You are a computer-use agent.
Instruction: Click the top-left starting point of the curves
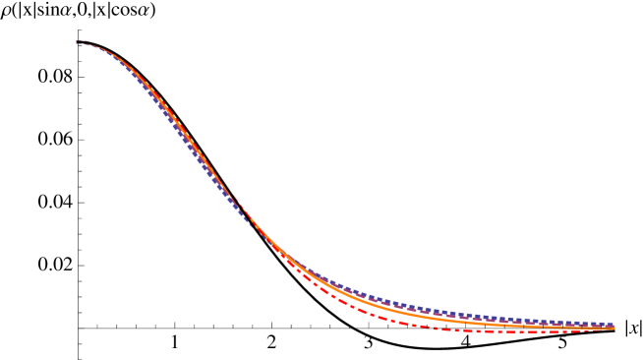[78, 42]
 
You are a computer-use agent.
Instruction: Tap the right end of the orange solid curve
[614, 328]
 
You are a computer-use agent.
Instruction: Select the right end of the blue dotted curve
[613, 324]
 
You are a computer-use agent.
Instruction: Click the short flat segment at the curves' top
[82, 42]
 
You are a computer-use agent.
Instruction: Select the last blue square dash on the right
[610, 324]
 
